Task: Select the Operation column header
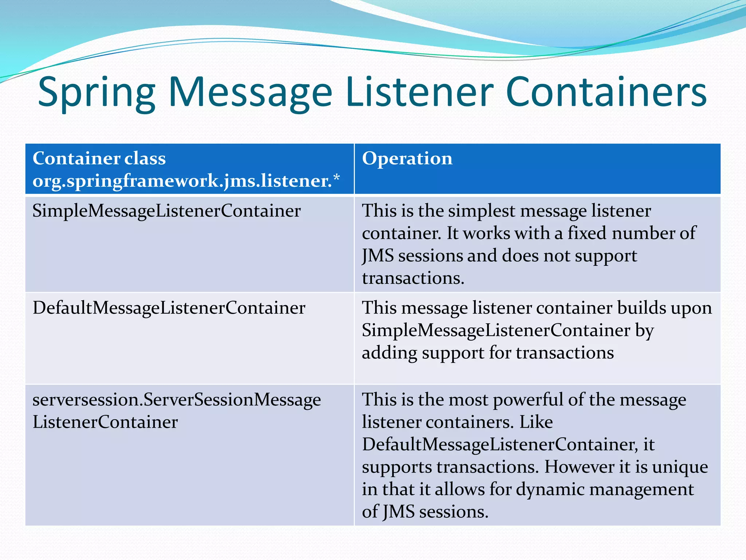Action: (407, 159)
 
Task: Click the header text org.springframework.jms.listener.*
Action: (186, 181)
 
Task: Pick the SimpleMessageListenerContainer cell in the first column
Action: (166, 211)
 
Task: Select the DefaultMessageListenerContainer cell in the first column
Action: (169, 308)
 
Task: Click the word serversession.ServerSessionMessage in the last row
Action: (177, 400)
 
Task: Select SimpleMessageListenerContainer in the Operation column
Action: (496, 331)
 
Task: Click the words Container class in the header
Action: (99, 159)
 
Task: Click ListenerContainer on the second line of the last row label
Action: (105, 423)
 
